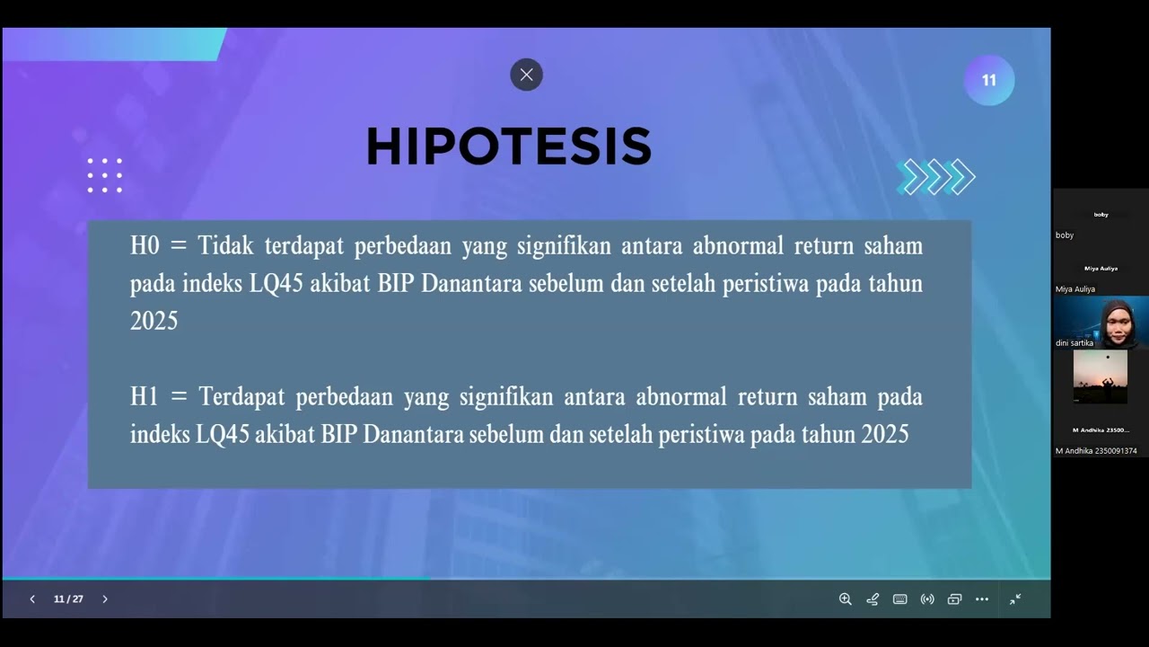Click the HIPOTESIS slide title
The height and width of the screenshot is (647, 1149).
[x=508, y=146]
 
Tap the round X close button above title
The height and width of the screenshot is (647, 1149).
[x=526, y=75]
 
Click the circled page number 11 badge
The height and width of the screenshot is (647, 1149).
[x=988, y=81]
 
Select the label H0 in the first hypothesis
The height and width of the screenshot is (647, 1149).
[x=145, y=246]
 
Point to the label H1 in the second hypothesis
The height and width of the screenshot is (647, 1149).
[x=145, y=396]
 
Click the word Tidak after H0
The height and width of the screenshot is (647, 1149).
[x=226, y=246]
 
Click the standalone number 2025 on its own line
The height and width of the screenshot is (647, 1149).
[x=153, y=321]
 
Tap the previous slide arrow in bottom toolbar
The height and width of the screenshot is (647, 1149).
[x=32, y=599]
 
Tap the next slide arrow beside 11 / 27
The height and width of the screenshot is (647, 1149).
[x=104, y=599]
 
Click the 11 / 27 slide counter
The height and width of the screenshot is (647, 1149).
[x=68, y=599]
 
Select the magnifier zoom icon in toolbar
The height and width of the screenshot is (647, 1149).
[x=845, y=599]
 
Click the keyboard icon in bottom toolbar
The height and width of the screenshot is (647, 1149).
[x=899, y=599]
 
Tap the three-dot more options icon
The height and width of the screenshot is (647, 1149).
[x=981, y=599]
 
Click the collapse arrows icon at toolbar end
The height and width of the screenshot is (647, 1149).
[x=1015, y=599]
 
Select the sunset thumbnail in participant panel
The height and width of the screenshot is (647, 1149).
[x=1100, y=376]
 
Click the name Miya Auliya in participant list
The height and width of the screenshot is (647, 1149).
[x=1075, y=289]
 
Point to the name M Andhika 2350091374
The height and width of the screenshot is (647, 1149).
[x=1096, y=451]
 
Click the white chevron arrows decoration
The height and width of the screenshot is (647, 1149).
[x=936, y=177]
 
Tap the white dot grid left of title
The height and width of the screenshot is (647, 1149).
[x=105, y=175]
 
